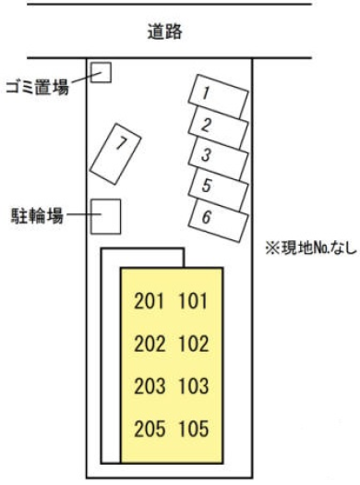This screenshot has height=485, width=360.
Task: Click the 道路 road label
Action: click(164, 31)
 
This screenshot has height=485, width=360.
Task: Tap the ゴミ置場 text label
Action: click(38, 87)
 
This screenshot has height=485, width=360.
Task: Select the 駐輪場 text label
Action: click(37, 215)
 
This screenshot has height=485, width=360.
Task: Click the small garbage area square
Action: click(101, 72)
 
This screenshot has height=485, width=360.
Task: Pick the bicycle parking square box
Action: click(105, 216)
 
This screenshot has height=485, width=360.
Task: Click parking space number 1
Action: click(219, 96)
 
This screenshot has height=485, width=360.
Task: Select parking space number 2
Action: click(219, 127)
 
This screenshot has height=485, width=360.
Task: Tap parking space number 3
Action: click(219, 158)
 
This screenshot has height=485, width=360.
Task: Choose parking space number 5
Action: click(219, 189)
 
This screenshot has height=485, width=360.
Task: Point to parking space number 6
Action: click(219, 220)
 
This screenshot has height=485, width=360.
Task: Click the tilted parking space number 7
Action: click(115, 154)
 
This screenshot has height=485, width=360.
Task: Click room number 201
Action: click(149, 301)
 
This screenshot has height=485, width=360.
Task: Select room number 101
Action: click(193, 301)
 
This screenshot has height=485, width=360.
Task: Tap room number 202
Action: click(150, 344)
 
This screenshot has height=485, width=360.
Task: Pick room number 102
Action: click(194, 344)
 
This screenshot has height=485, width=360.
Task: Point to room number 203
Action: click(150, 386)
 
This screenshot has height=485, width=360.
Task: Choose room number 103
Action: click(194, 386)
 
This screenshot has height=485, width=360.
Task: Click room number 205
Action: click(150, 429)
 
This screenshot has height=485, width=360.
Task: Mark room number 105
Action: click(194, 429)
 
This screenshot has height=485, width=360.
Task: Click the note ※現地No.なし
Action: click(311, 249)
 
